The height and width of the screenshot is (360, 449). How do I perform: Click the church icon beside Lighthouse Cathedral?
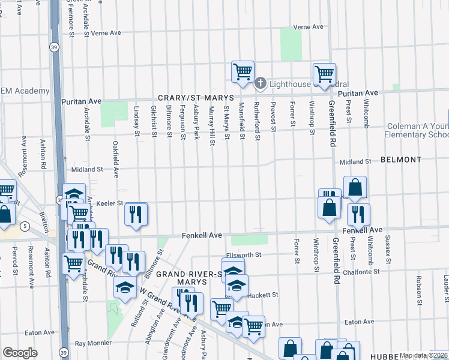pyautogui.click(x=261, y=83)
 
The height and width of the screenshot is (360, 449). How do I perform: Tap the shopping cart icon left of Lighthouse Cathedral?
pyautogui.click(x=243, y=71)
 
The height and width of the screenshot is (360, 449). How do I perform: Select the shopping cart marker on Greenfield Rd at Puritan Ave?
pyautogui.click(x=324, y=74)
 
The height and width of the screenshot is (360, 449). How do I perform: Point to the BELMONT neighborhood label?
pyautogui.click(x=401, y=160)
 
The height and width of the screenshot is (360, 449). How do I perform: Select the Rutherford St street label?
pyautogui.click(x=256, y=122)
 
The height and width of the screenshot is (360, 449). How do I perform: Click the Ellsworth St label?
pyautogui.click(x=244, y=255)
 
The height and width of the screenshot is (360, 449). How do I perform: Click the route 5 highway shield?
pyautogui.click(x=24, y=226)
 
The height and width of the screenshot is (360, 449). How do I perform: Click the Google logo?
pyautogui.click(x=20, y=353)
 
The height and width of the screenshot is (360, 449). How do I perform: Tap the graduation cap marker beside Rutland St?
pyautogui.click(x=125, y=289)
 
